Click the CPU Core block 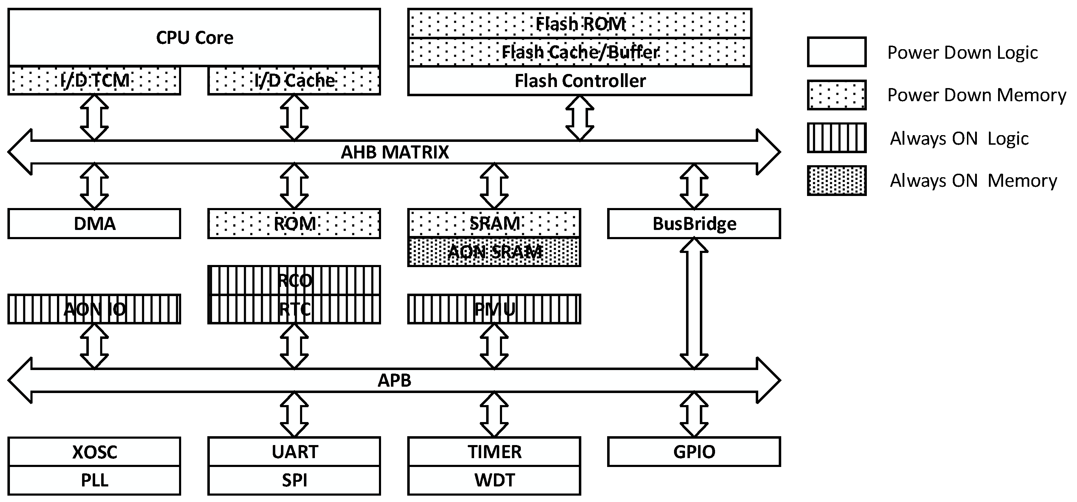[x=194, y=37]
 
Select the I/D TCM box [x=94, y=80]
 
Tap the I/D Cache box [x=294, y=80]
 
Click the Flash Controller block [x=580, y=81]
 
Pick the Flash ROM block [x=580, y=24]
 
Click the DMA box [x=94, y=224]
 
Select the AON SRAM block [x=494, y=252]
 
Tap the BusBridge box [x=694, y=224]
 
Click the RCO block [x=294, y=281]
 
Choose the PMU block [x=494, y=309]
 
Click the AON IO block [x=94, y=309]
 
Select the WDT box [x=494, y=480]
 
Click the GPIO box [x=694, y=452]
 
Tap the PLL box [x=94, y=480]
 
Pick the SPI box [x=294, y=480]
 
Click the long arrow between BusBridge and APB [x=694, y=303]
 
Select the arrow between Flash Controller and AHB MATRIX [x=580, y=118]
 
